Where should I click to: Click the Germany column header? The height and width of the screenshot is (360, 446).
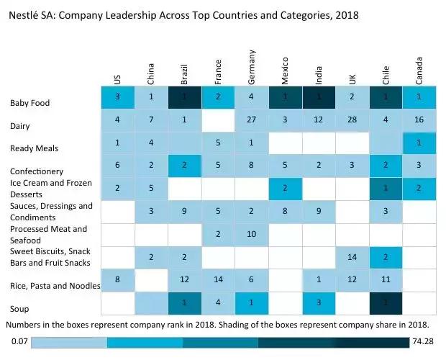click(x=252, y=67)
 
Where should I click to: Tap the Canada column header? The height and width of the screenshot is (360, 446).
click(x=419, y=71)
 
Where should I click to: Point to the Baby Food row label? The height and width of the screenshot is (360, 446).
click(x=30, y=103)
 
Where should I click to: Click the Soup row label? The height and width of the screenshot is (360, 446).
click(x=20, y=309)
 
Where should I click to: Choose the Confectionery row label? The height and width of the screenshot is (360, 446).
click(x=37, y=171)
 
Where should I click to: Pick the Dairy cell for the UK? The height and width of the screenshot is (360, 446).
click(x=352, y=120)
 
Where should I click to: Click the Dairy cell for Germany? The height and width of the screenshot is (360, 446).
click(x=251, y=120)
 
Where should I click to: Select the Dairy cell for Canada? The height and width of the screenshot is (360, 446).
click(x=419, y=120)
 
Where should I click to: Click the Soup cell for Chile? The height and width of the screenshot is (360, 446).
click(x=386, y=303)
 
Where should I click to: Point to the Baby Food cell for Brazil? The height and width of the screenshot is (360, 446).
click(x=185, y=97)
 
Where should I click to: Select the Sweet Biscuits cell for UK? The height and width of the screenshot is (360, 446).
click(x=352, y=257)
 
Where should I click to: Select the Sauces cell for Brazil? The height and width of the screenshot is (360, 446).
click(x=185, y=212)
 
